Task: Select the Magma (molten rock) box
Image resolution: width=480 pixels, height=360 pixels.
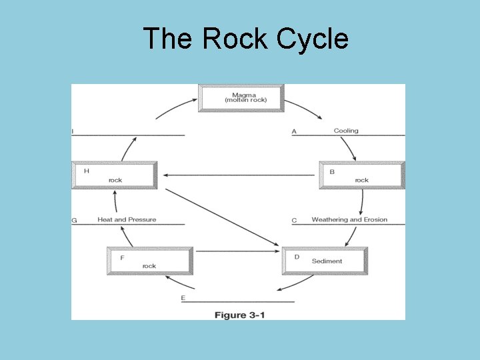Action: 241,98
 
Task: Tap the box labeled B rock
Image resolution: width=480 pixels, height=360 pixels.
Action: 361,175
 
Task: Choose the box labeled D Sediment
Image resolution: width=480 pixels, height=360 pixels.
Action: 325,261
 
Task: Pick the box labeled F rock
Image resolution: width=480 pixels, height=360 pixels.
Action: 149,261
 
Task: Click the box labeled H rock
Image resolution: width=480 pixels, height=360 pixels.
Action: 114,175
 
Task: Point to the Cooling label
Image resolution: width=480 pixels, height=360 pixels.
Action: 346,131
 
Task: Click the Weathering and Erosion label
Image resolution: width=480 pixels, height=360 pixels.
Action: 349,219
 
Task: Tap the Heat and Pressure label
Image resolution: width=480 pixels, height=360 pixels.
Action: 127,219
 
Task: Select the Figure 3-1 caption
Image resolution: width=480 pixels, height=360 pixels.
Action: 239,315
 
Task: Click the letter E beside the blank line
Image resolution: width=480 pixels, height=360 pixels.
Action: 183,298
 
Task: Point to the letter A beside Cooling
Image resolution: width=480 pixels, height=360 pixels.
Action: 294,131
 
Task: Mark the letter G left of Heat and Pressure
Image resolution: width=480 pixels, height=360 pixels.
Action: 74,220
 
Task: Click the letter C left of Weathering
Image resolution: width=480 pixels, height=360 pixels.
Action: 294,220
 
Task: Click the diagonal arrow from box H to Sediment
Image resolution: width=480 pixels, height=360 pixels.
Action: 222,217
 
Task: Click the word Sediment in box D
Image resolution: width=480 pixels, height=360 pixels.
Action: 327,261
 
